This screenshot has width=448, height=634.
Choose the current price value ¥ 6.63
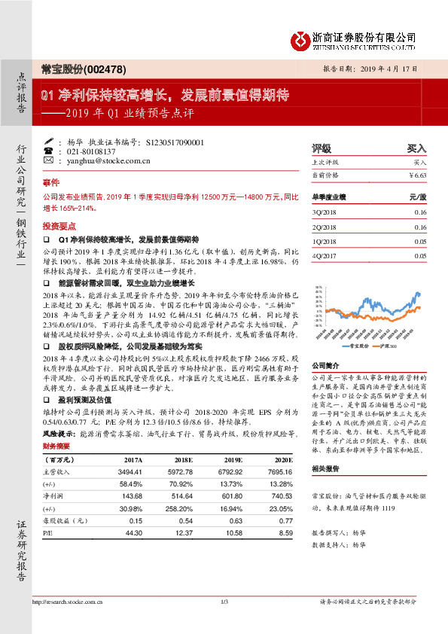pyautogui.click(x=417, y=175)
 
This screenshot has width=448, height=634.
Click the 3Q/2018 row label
pyautogui.click(x=325, y=213)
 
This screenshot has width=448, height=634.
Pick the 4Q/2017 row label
pyautogui.click(x=325, y=256)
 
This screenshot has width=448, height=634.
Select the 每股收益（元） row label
pyautogui.click(x=63, y=520)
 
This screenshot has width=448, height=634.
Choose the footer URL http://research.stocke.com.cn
pyautogui.click(x=69, y=623)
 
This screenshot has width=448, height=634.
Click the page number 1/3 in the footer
pyautogui.click(x=224, y=623)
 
